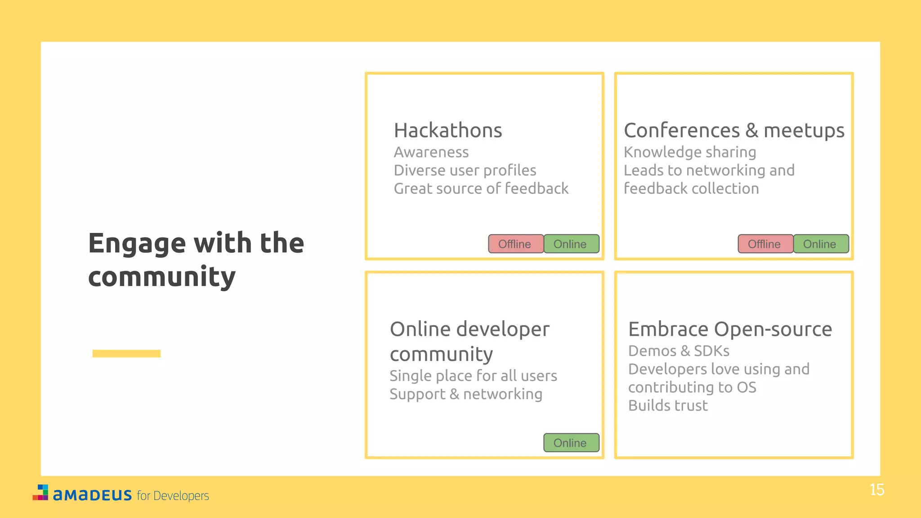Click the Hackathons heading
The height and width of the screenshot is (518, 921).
pyautogui.click(x=447, y=130)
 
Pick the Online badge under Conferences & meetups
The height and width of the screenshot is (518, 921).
pyautogui.click(x=820, y=244)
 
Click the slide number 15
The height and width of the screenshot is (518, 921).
pyautogui.click(x=876, y=490)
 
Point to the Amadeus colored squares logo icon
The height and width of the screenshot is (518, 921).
pyautogui.click(x=40, y=492)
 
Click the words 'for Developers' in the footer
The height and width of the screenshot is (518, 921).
pyautogui.click(x=173, y=496)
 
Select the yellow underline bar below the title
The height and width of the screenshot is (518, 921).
pyautogui.click(x=126, y=353)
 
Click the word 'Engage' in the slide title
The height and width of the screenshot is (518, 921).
pyautogui.click(x=137, y=244)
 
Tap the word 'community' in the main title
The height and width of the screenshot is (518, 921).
pyautogui.click(x=162, y=277)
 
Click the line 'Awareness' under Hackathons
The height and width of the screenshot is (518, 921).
pyautogui.click(x=431, y=152)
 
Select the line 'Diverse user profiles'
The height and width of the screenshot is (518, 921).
pyautogui.click(x=465, y=170)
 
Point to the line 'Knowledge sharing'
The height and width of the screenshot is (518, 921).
pyautogui.click(x=689, y=152)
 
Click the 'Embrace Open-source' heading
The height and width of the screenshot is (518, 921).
pyautogui.click(x=729, y=329)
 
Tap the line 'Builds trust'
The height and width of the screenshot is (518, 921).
pyautogui.click(x=667, y=406)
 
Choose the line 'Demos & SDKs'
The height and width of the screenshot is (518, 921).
pyautogui.click(x=678, y=351)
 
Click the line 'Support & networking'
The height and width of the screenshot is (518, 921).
pyautogui.click(x=465, y=394)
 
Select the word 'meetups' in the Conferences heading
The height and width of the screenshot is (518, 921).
pyautogui.click(x=804, y=130)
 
